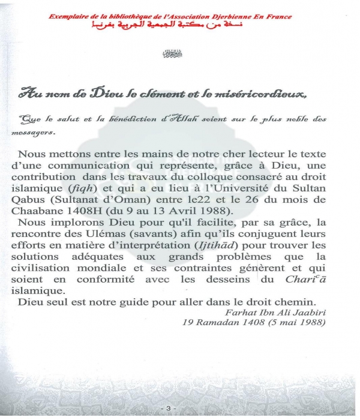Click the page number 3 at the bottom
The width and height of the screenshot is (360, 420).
click(169, 408)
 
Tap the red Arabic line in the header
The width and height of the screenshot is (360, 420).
click(170, 27)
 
